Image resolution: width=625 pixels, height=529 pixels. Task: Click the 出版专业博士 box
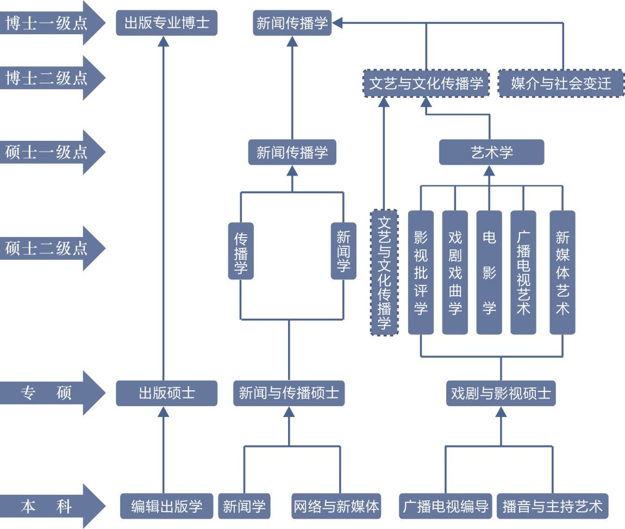(x=166, y=24)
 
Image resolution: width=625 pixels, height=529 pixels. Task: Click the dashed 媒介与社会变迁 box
(x=561, y=84)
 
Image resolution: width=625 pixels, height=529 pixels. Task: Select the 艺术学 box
(x=491, y=152)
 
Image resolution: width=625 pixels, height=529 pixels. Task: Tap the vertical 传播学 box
(x=241, y=251)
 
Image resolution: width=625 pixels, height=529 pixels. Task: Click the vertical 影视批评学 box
(x=421, y=272)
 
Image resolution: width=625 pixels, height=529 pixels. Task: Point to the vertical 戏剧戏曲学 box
(x=455, y=272)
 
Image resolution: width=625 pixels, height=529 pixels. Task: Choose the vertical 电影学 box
(x=489, y=272)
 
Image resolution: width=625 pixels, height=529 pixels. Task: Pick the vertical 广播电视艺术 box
(x=523, y=272)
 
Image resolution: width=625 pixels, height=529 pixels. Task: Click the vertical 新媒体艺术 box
(x=562, y=272)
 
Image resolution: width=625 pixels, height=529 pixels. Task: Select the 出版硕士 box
(x=166, y=393)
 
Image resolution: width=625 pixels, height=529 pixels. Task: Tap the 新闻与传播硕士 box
(x=289, y=393)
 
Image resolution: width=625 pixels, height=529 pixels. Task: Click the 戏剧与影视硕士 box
(x=501, y=393)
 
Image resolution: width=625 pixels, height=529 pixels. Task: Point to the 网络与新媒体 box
(x=336, y=507)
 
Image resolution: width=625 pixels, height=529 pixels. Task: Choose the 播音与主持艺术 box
(x=552, y=507)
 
